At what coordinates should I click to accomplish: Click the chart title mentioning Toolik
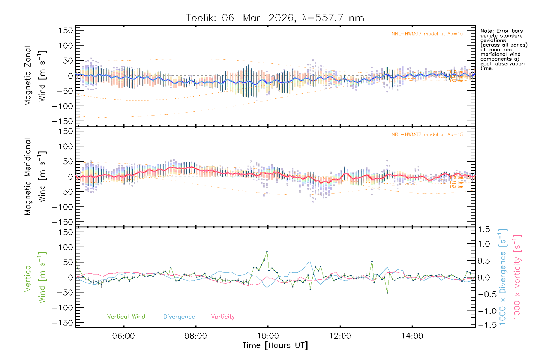(x=275, y=18)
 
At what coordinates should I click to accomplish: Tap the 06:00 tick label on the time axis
(x=123, y=336)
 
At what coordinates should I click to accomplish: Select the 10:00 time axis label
(x=268, y=336)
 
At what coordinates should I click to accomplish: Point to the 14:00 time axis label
(x=412, y=336)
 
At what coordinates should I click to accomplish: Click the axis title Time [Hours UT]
(x=275, y=346)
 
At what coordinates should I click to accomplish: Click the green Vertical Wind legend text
(x=126, y=317)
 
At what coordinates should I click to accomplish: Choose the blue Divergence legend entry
(x=179, y=317)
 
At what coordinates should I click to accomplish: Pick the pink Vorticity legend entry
(x=223, y=317)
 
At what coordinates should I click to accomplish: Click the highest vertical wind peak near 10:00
(x=267, y=251)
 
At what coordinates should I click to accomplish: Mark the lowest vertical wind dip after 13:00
(x=387, y=293)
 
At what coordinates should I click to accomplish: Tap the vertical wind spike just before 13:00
(x=372, y=262)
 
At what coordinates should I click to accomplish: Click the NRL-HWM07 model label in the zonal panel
(x=427, y=34)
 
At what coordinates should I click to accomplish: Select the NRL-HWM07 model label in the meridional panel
(x=427, y=135)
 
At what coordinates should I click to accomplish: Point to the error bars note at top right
(x=504, y=49)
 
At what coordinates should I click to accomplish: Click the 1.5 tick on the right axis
(x=484, y=229)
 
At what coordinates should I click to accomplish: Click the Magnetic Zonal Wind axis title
(x=35, y=76)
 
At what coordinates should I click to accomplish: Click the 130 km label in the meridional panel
(x=456, y=187)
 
